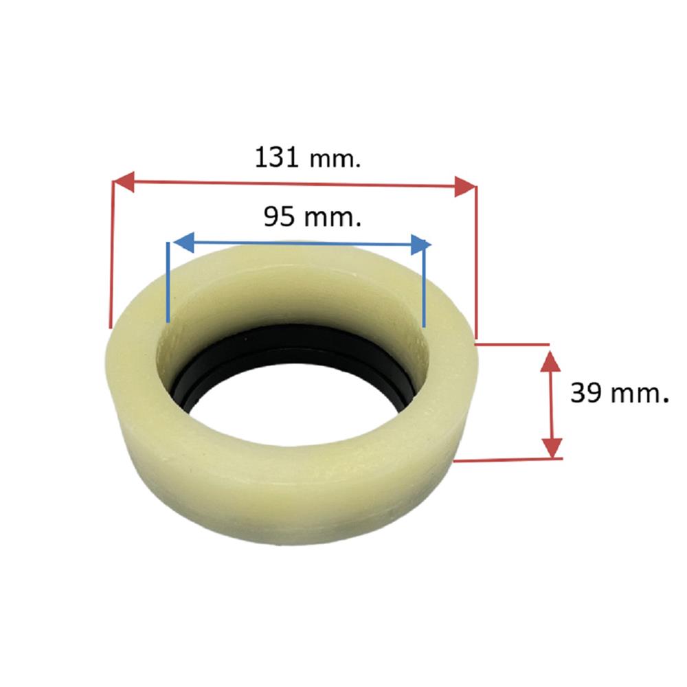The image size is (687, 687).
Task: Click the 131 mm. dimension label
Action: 308,158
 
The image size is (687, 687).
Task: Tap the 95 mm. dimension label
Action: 313,216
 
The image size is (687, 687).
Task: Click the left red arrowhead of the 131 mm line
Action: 123,181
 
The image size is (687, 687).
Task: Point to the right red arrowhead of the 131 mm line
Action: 465,187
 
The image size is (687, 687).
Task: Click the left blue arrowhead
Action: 184,243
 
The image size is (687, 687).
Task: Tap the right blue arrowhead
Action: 421,245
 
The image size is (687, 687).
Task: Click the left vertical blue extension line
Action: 168,282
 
